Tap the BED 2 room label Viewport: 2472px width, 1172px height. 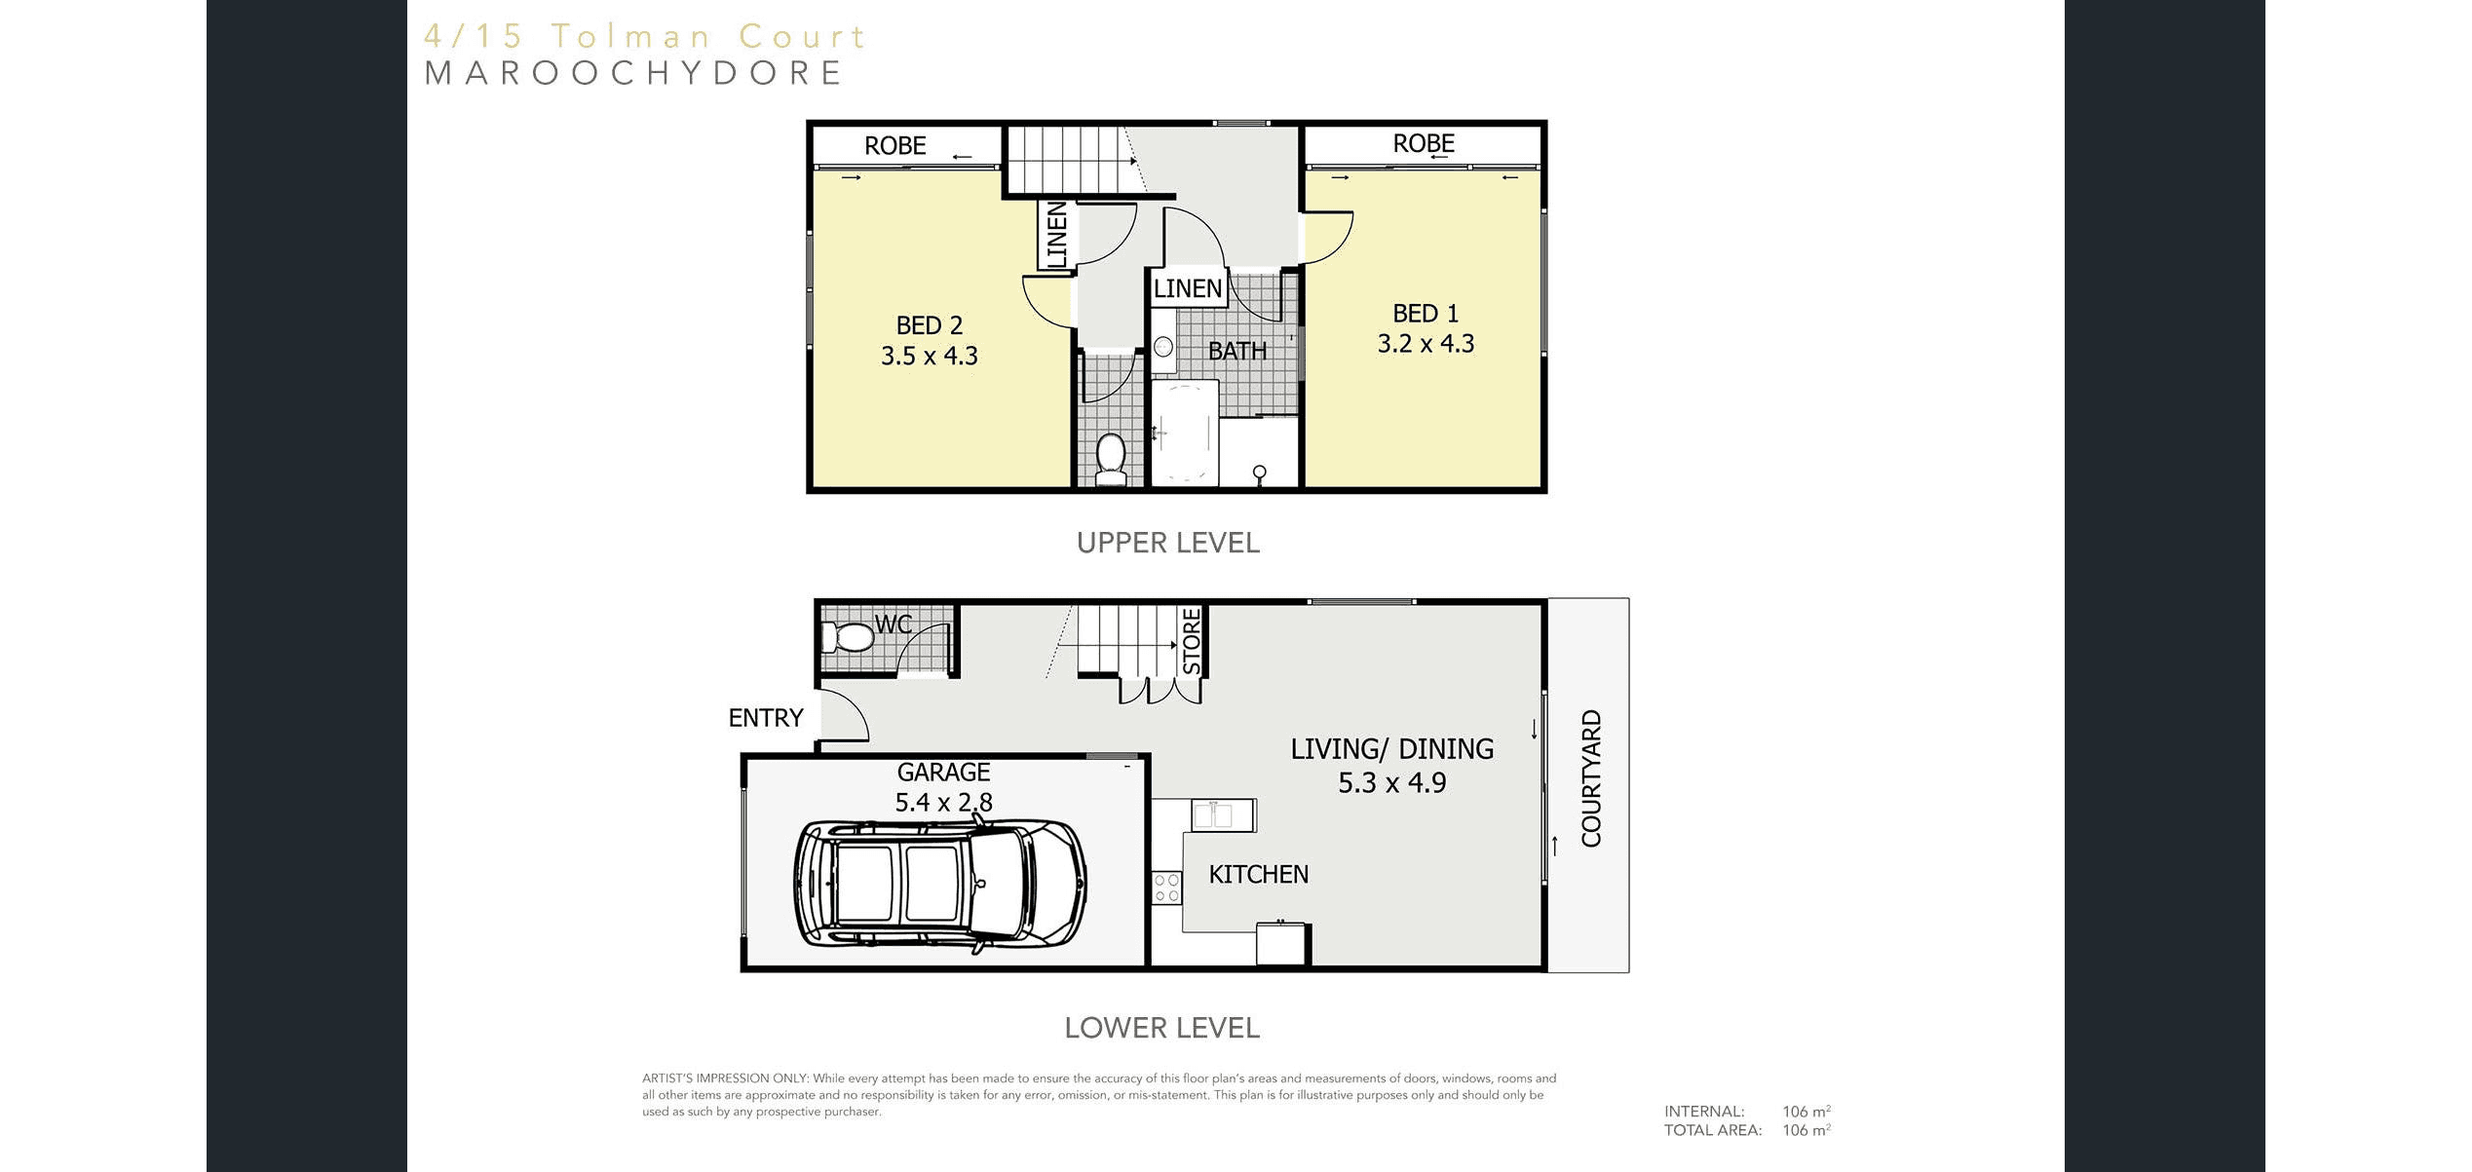coord(930,325)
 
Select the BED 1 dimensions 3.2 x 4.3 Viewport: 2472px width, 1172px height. coord(1426,344)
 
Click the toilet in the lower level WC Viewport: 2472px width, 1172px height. coord(848,638)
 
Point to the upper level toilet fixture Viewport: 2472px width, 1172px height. coord(1111,459)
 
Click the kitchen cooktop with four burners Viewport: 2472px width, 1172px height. coord(1166,888)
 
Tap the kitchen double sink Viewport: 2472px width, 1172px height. coord(1223,814)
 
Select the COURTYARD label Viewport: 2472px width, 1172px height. coord(1591,778)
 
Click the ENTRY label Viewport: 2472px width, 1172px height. coord(766,718)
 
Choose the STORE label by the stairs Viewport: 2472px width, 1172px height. coord(1192,641)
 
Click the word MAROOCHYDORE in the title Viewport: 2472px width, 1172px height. coord(633,73)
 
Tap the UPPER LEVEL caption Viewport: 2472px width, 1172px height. coord(1168,543)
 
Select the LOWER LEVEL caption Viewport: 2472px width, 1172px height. coord(1162,1028)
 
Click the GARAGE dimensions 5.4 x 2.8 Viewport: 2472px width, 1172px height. coord(943,803)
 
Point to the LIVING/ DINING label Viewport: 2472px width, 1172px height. coord(1391,749)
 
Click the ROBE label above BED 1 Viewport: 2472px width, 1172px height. coord(1424,143)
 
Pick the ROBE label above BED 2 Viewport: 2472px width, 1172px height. coord(894,146)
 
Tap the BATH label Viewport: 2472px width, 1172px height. coord(1237,351)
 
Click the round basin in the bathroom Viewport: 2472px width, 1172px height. coord(1163,346)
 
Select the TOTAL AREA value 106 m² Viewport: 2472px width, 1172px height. coord(1806,1130)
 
